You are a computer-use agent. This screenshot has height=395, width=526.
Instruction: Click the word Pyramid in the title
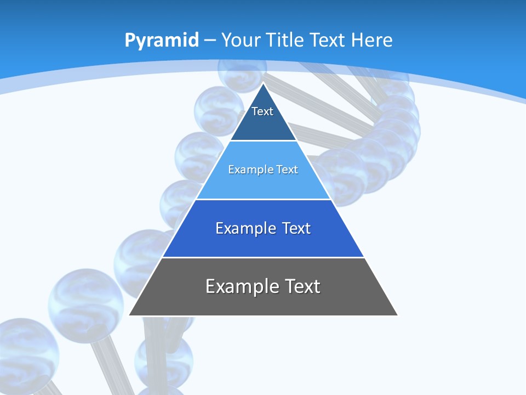(162, 41)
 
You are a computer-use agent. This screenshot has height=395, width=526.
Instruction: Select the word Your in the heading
(242, 40)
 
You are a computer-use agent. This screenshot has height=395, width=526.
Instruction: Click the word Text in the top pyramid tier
(262, 111)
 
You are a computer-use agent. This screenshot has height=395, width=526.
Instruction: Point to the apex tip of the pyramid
(264, 83)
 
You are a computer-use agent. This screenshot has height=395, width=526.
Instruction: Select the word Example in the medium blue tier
(244, 228)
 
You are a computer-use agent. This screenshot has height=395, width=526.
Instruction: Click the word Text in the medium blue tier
(296, 228)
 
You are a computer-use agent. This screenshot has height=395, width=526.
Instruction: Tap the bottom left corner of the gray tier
(130, 315)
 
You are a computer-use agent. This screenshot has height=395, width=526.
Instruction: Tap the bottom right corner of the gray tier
(397, 315)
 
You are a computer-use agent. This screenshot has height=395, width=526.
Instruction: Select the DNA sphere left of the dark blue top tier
(218, 110)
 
